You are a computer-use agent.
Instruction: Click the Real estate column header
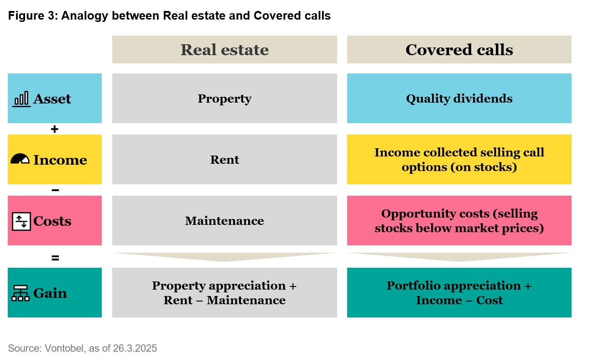224,50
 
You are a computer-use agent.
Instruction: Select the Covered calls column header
459,50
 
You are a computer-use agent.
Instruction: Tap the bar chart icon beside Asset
21,99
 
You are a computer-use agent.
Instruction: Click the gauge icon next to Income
20,159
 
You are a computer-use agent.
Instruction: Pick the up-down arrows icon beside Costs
21,221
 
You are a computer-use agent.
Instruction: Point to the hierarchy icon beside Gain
21,293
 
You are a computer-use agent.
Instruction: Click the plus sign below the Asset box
55,129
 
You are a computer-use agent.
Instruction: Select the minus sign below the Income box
55,190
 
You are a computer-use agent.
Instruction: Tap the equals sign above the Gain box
55,258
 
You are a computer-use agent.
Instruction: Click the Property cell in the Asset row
224,98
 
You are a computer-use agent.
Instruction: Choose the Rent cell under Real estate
224,159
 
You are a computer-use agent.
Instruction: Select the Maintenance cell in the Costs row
224,220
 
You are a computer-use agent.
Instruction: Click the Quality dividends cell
459,98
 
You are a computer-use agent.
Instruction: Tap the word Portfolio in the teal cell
414,286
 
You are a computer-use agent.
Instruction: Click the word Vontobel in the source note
65,348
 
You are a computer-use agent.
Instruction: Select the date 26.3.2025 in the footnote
135,348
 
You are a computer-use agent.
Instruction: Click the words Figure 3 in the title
33,16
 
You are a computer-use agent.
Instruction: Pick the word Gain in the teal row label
50,293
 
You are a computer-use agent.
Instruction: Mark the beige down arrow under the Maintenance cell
224,257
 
